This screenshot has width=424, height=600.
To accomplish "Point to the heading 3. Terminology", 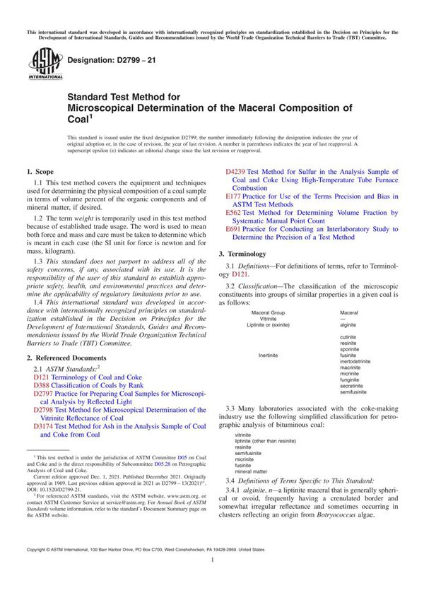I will click(x=242, y=253).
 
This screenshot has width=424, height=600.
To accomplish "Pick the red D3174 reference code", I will click(x=45, y=426).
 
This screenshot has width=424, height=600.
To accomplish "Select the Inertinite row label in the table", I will click(x=269, y=355).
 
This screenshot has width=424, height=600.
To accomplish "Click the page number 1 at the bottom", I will click(x=212, y=579).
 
